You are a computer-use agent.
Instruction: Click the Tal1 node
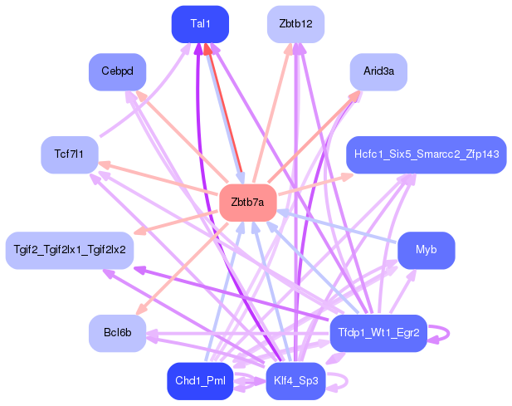click(200, 24)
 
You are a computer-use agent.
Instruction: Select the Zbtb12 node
click(295, 24)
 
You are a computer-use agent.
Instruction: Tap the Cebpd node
click(117, 71)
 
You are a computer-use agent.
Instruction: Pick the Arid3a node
click(378, 71)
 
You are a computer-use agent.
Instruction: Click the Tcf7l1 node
click(70, 154)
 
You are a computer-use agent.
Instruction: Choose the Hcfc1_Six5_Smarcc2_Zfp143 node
click(426, 154)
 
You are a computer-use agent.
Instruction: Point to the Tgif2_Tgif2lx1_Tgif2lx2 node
click(70, 250)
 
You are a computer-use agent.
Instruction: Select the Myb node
click(426, 250)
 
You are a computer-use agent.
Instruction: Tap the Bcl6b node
click(117, 333)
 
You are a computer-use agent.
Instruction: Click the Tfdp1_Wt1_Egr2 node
click(378, 333)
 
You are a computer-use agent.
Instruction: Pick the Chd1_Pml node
click(200, 381)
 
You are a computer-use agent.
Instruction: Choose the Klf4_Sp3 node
click(295, 381)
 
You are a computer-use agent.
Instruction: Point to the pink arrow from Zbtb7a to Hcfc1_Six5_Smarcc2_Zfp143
click(315, 184)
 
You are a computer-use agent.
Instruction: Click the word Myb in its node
click(426, 250)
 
